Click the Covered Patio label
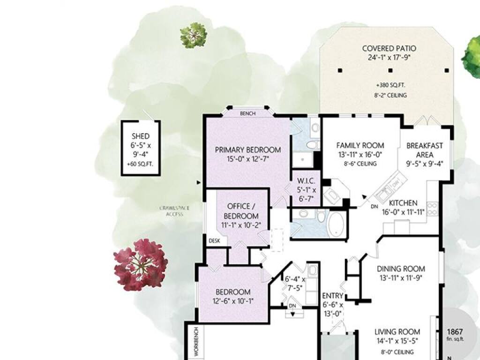(x=389, y=48)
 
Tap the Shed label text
(x=141, y=136)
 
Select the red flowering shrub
(x=141, y=264)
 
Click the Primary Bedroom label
(x=248, y=150)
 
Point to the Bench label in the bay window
(x=247, y=113)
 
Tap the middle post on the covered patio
(x=390, y=70)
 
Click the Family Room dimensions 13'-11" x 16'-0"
(x=360, y=155)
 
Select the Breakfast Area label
(x=425, y=150)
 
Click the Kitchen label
(x=403, y=203)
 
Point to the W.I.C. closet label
(x=306, y=181)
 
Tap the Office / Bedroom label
(x=241, y=211)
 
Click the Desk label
(x=214, y=241)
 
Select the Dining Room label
(x=401, y=269)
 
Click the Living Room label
(x=397, y=331)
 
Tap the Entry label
(x=333, y=296)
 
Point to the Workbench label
(x=196, y=341)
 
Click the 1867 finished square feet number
(x=455, y=332)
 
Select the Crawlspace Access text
(x=174, y=211)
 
